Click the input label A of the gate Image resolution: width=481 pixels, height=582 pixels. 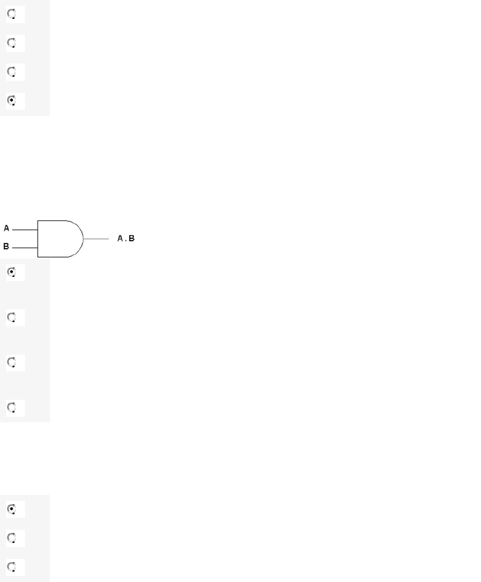click(7, 228)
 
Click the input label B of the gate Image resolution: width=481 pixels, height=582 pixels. click(7, 246)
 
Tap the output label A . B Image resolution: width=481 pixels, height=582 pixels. click(126, 238)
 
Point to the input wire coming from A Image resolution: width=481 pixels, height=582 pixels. click(25, 230)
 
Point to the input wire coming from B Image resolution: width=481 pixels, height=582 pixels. click(25, 247)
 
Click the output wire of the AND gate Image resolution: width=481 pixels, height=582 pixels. click(96, 239)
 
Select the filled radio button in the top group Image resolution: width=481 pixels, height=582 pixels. click(12, 100)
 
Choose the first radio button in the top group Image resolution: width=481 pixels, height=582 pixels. click(12, 15)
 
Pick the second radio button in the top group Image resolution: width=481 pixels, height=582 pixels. click(12, 43)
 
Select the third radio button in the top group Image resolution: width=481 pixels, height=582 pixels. click(12, 72)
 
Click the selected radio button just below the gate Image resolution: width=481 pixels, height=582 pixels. click(12, 272)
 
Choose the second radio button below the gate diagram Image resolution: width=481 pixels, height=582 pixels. click(12, 318)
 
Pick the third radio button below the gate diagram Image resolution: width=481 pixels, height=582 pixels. click(12, 363)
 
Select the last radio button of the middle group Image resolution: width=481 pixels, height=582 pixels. click(12, 407)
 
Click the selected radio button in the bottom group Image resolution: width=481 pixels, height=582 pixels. click(12, 509)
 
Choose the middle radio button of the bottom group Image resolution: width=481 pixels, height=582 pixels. click(12, 538)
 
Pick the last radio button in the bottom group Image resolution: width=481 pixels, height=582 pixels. click(12, 566)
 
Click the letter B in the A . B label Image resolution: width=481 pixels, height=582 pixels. click(132, 238)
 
